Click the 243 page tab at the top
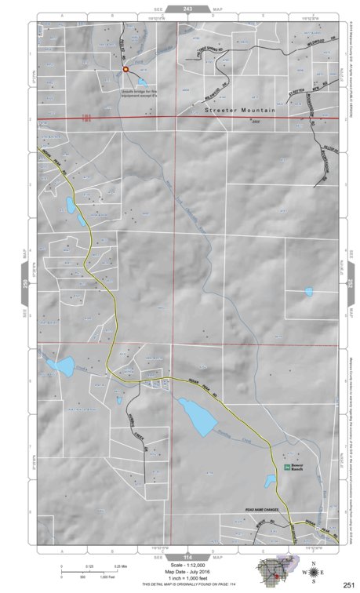tap(187, 9)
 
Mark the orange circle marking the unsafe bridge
tap(125, 70)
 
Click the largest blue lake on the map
tap(197, 416)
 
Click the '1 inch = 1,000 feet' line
tap(187, 579)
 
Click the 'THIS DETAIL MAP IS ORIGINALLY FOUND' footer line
tap(187, 586)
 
